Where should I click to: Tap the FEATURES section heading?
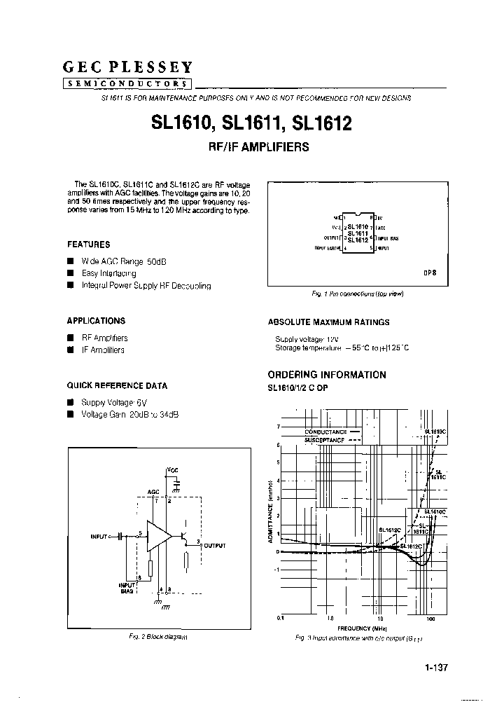88,245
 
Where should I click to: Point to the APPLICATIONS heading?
96,321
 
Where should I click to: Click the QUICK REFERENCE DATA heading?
117,386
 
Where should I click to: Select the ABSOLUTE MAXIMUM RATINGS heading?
329,322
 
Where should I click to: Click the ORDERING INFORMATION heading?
327,375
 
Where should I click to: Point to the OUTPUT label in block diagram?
215,544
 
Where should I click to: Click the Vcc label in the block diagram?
172,468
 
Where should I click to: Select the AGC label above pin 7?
154,492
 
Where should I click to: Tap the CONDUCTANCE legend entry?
326,432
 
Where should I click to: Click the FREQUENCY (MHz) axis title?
357,628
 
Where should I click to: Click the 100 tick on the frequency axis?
430,619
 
